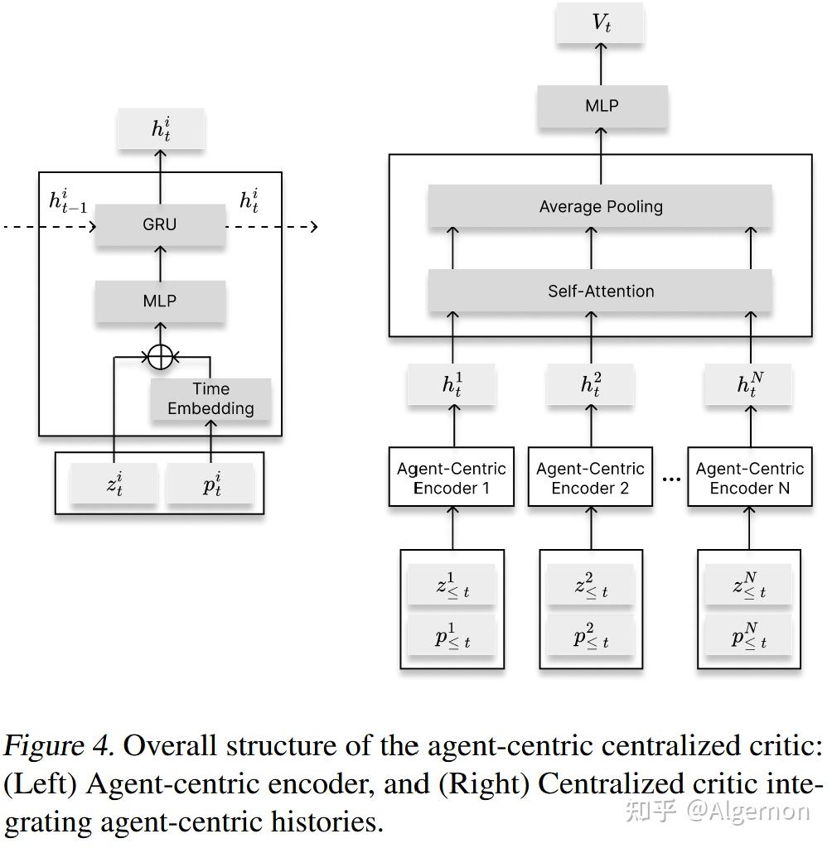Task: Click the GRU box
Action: (x=160, y=224)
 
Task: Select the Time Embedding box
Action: (x=210, y=399)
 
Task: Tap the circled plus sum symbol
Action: (x=161, y=357)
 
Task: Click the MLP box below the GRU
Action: (x=160, y=301)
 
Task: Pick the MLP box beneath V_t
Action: (x=602, y=106)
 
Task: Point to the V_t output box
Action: (x=602, y=23)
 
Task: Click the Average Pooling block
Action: (x=601, y=206)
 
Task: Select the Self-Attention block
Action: (x=601, y=291)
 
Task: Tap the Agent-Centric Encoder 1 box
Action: (x=452, y=478)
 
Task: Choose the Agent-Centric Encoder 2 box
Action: (x=590, y=478)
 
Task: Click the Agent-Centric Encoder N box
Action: (x=750, y=478)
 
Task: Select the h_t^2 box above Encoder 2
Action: (x=590, y=384)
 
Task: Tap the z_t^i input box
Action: (x=114, y=484)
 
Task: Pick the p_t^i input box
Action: (x=210, y=484)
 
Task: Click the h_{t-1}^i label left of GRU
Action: (x=68, y=201)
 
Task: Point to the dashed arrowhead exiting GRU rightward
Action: (x=312, y=226)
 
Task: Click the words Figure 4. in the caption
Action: (x=58, y=746)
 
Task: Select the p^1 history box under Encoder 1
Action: (x=452, y=636)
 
